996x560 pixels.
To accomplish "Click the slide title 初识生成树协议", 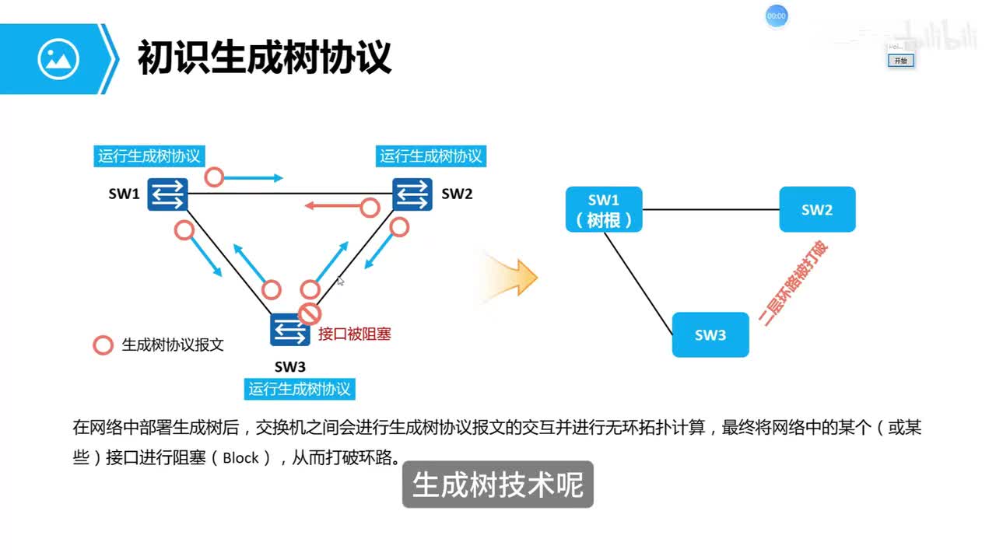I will (x=265, y=58).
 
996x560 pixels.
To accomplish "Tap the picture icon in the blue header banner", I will (x=58, y=58).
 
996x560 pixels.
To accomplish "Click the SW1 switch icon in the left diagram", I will (x=169, y=194).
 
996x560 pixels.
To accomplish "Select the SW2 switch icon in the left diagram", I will (x=412, y=194).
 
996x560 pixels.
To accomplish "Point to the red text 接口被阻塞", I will (x=355, y=334).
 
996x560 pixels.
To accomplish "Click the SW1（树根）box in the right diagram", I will (x=604, y=210).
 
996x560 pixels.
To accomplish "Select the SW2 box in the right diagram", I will (x=817, y=210).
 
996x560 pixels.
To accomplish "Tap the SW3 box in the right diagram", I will (x=710, y=334).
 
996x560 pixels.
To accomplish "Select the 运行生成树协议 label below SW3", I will (x=300, y=389).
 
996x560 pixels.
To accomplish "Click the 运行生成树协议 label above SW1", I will (x=149, y=156).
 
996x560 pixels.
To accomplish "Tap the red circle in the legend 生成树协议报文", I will (x=103, y=345).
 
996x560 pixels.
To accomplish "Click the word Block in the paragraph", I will (x=240, y=458).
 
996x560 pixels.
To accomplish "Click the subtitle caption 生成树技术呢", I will (x=497, y=485).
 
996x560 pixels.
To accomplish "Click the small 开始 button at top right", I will (x=900, y=61).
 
